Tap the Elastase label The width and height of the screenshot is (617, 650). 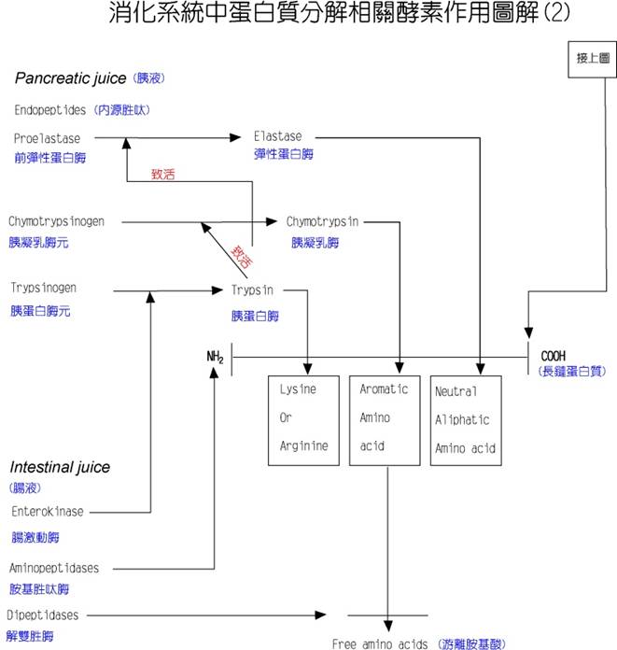277,136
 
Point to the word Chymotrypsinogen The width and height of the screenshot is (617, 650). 56,221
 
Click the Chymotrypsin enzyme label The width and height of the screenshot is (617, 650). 322,221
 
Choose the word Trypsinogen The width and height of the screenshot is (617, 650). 44,288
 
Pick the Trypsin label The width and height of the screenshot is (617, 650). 252,290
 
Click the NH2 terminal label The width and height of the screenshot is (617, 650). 216,357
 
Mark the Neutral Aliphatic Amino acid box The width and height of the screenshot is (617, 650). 465,419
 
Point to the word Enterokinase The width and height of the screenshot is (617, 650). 48,512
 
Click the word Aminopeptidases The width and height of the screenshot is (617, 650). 53,568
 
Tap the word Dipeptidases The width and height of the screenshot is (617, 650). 42,615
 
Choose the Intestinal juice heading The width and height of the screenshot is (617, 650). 60,467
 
